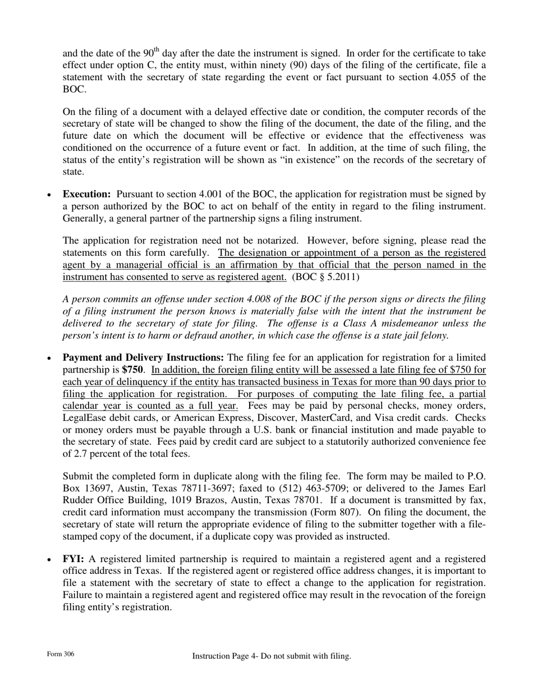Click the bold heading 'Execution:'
[87, 194]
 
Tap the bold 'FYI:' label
[73, 559]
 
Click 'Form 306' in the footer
[61, 654]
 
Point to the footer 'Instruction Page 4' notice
[272, 656]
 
